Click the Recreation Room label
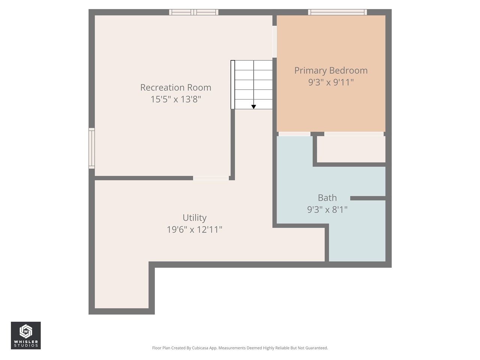coord(175,87)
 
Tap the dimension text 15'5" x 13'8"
coord(175,99)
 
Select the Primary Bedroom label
coord(331,70)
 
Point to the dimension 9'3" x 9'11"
coord(331,82)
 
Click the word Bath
coord(327,198)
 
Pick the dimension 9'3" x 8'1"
coord(327,210)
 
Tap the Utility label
coord(194,217)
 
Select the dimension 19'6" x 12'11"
coord(194,229)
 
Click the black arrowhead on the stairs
coord(253,107)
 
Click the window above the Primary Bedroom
coord(337,12)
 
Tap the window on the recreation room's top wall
coord(193,12)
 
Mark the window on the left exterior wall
coord(91,148)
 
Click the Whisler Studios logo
coord(25,335)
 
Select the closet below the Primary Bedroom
coord(351,149)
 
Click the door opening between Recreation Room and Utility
coord(211,178)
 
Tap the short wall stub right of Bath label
coord(367,198)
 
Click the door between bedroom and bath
coord(294,134)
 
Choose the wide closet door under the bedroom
coord(354,134)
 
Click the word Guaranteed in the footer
coord(316,348)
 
